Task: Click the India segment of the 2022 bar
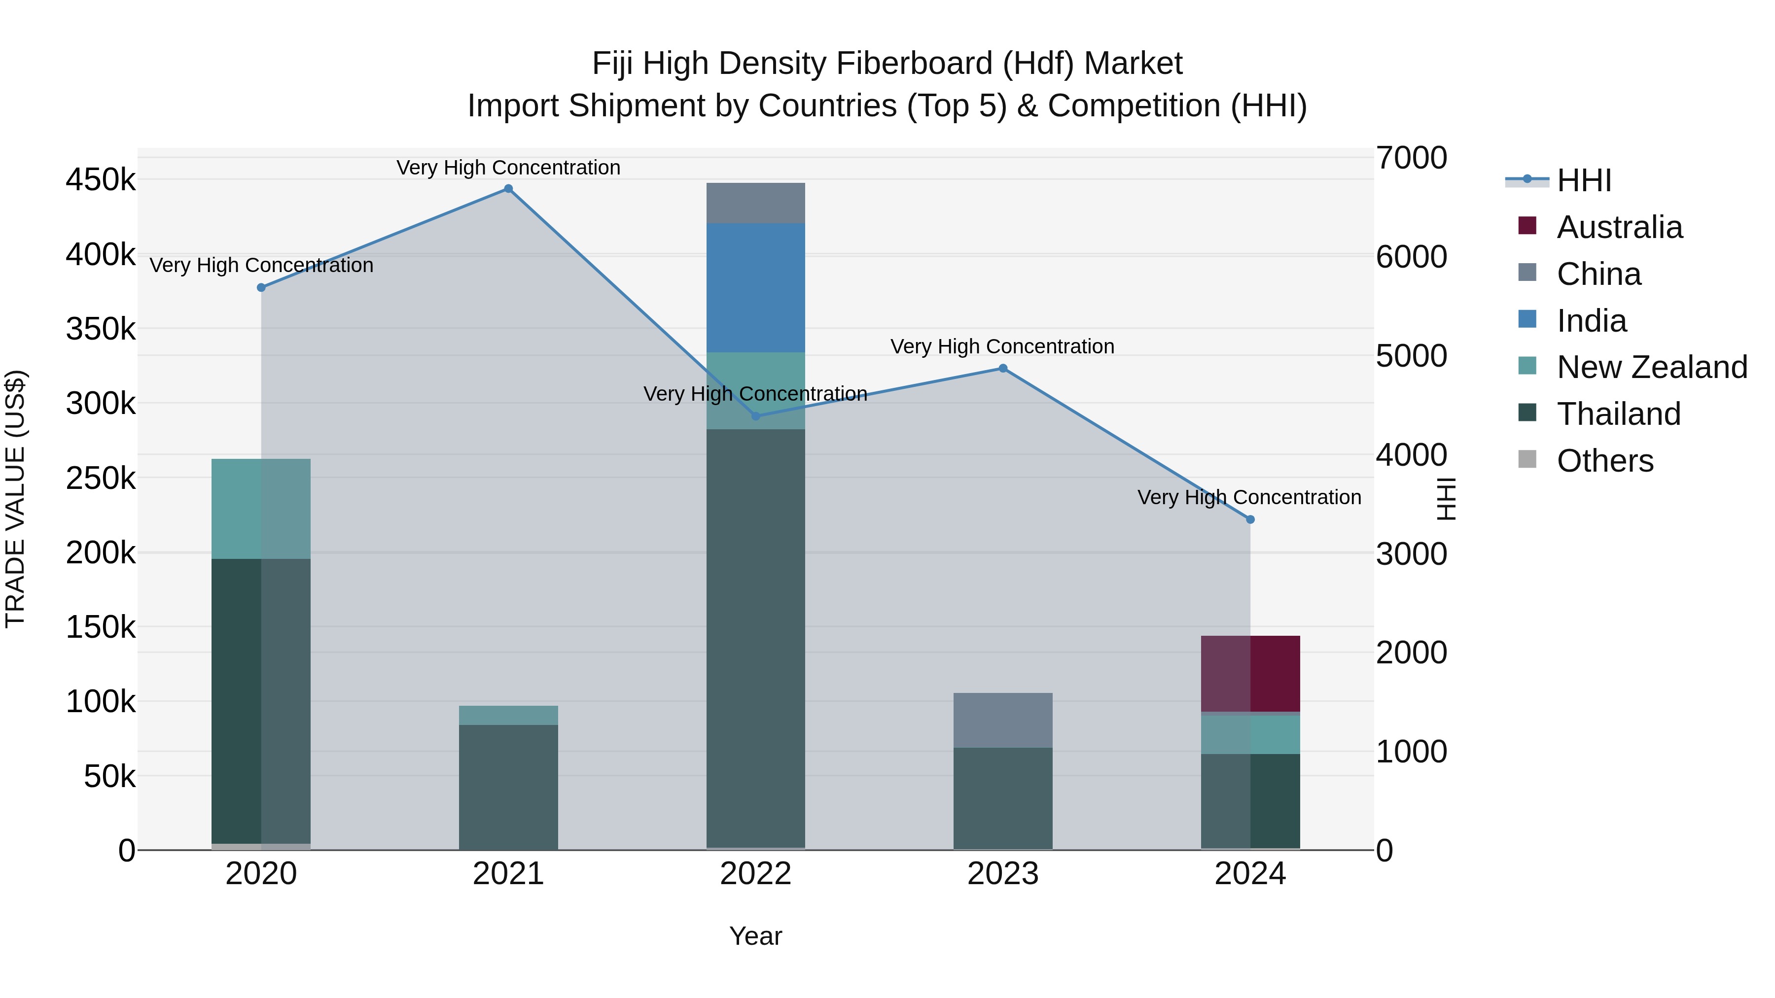point(755,287)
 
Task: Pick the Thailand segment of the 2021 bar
point(508,787)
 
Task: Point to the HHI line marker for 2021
point(508,189)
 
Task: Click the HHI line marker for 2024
point(1250,519)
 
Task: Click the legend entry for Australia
point(1619,227)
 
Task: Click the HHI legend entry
point(1583,180)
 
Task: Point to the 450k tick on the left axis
point(101,180)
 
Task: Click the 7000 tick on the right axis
point(1411,158)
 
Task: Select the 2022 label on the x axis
point(755,874)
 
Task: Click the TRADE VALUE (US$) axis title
point(15,499)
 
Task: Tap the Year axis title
point(755,936)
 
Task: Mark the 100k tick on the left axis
point(101,702)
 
